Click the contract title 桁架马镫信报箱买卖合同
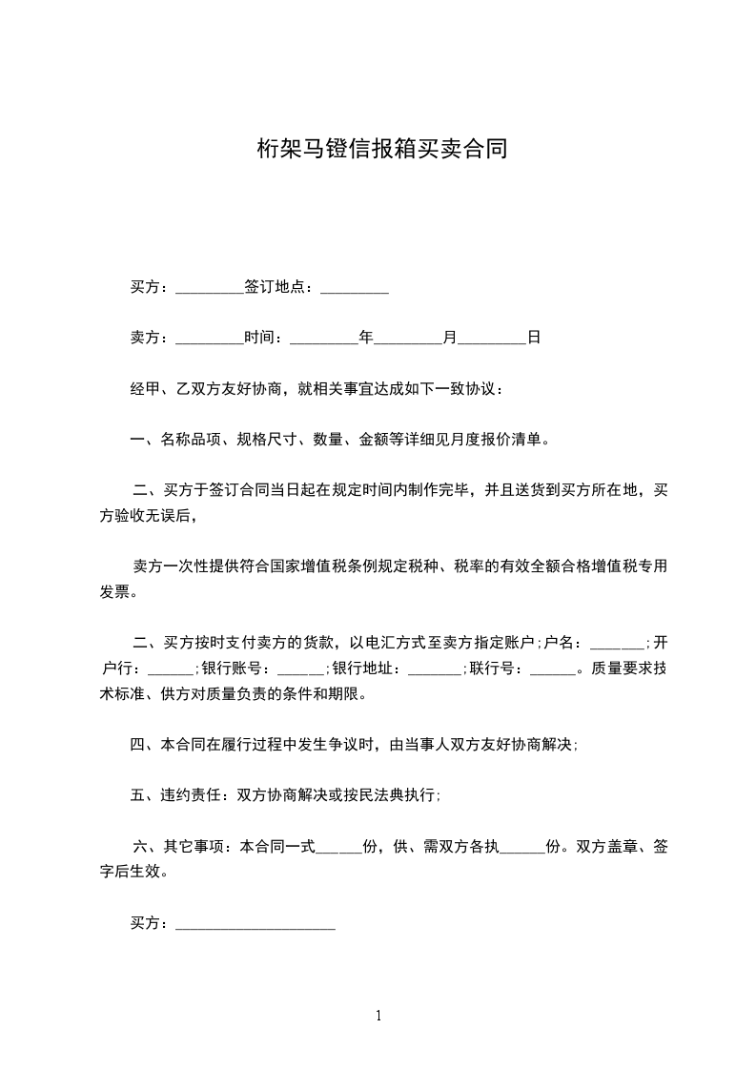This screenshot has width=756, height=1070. (381, 149)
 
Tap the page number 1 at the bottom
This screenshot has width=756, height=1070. (378, 1016)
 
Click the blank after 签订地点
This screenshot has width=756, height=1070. (354, 287)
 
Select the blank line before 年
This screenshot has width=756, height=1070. (322, 338)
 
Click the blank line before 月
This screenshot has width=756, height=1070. (408, 338)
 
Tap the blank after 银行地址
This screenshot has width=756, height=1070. (434, 669)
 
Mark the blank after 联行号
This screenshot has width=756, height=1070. (552, 669)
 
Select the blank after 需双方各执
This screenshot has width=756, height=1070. (521, 847)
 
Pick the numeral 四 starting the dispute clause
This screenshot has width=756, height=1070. (137, 745)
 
